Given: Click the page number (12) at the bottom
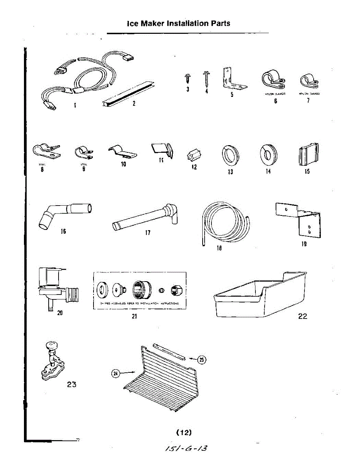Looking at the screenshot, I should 184,432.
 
